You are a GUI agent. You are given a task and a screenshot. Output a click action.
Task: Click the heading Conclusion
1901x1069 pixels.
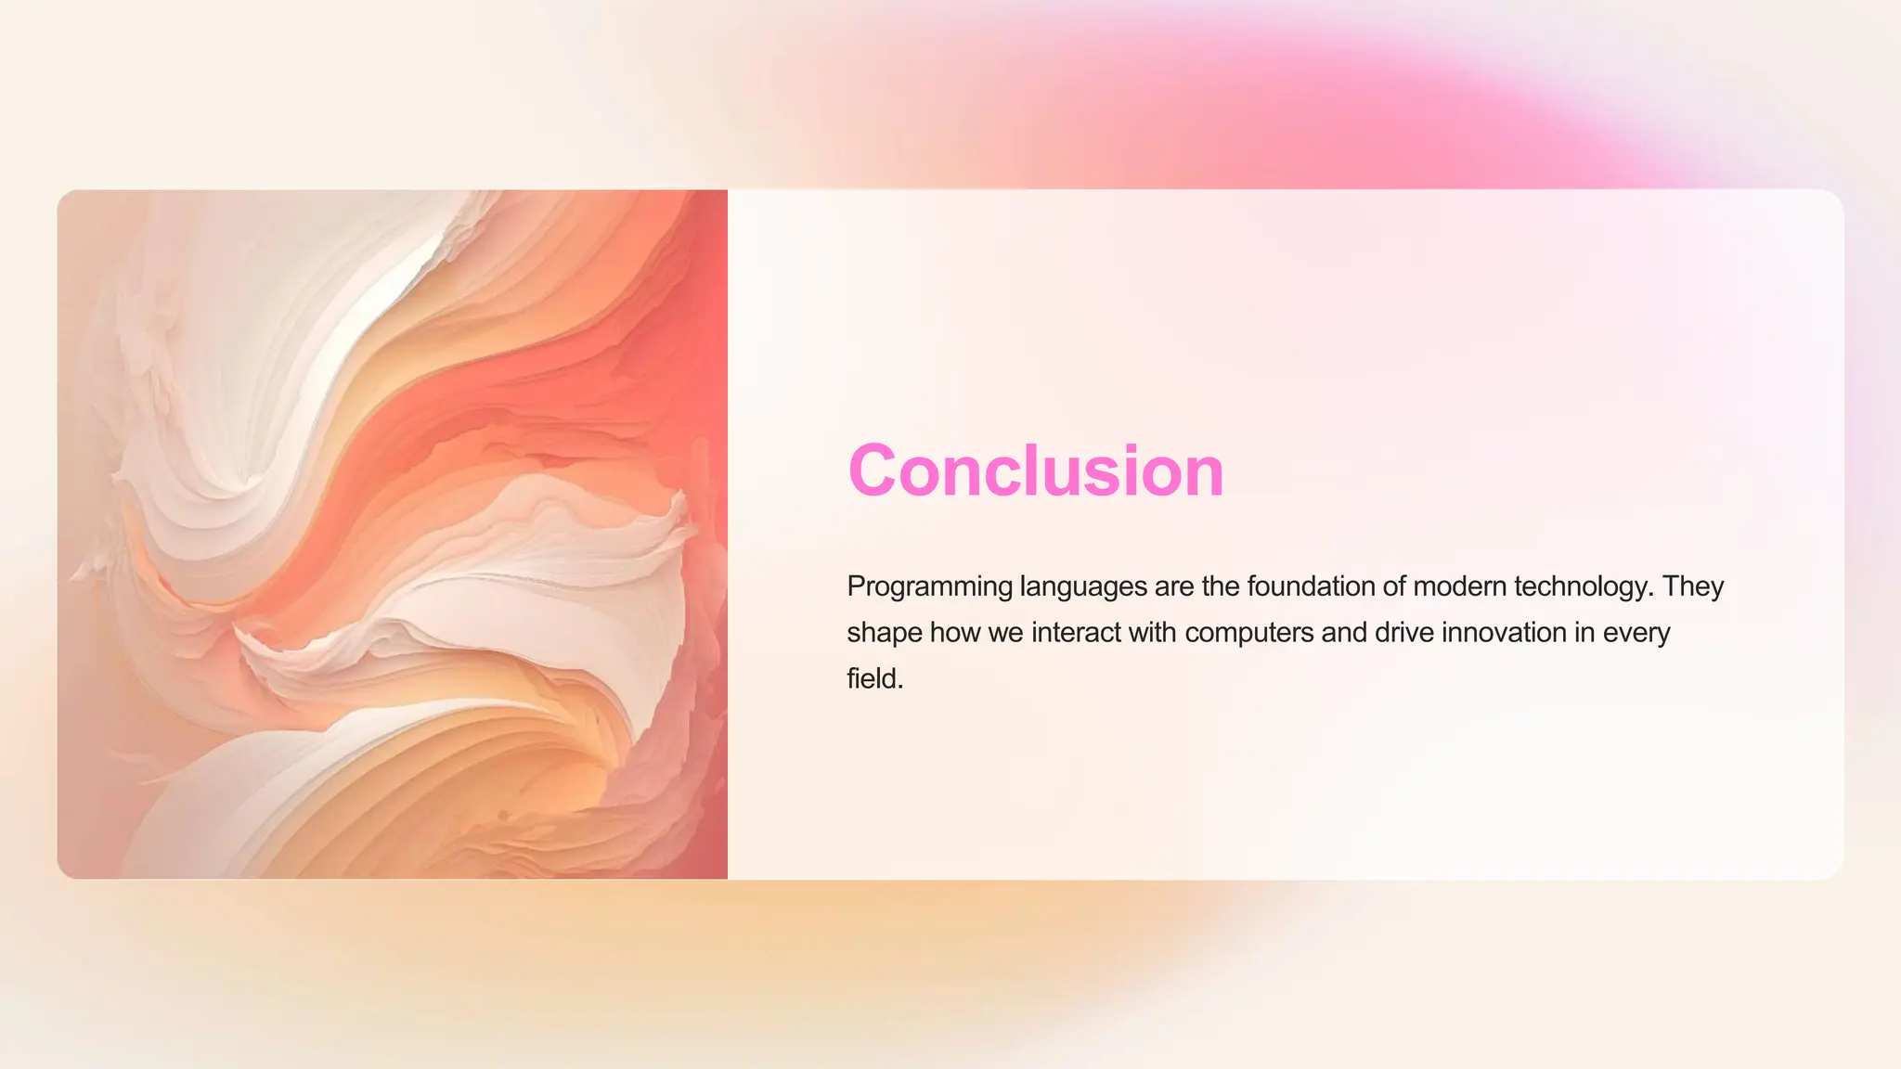point(1036,470)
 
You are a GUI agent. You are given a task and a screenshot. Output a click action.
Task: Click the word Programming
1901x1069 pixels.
point(929,587)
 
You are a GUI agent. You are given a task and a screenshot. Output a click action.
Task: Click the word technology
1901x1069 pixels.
point(1584,587)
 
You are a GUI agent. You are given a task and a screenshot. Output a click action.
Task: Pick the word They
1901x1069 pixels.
point(1693,587)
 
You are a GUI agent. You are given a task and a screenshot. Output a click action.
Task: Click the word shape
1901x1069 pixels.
point(884,634)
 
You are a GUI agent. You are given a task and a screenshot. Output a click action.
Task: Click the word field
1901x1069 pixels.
point(874,679)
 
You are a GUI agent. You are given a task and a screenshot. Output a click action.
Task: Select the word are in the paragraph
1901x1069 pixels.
point(1174,587)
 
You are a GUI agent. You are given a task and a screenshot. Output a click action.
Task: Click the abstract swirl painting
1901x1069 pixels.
point(393,534)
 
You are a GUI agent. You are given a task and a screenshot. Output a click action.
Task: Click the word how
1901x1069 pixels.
point(955,633)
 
